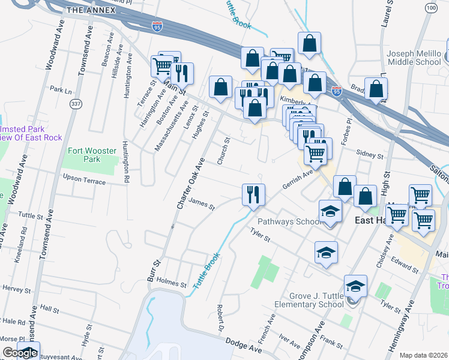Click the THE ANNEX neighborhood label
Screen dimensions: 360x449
pos(91,10)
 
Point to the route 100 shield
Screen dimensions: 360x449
pos(430,7)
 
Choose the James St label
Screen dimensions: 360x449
pos(202,205)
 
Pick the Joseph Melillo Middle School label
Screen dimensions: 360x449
pos(414,58)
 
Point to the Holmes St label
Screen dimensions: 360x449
pos(168,280)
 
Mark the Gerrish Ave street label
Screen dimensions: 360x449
pos(298,177)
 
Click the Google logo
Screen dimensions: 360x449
pos(19,353)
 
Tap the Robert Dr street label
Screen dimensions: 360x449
pos(220,314)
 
